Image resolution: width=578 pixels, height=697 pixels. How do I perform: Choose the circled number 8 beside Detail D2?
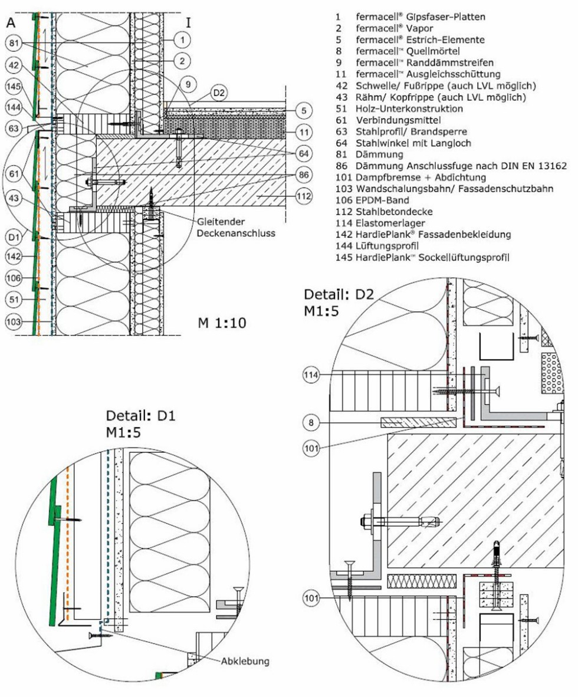312,422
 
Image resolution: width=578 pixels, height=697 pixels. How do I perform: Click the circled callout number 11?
303,133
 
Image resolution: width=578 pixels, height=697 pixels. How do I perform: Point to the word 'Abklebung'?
246,661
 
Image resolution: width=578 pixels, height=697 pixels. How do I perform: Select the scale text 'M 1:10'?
222,322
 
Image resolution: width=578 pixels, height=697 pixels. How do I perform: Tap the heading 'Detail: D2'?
339,294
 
